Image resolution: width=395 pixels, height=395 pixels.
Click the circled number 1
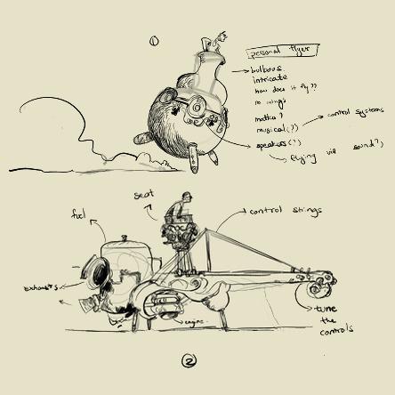tap(154, 40)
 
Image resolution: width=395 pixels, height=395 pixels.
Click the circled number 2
tap(188, 360)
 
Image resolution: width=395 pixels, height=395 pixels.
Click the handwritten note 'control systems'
tap(357, 114)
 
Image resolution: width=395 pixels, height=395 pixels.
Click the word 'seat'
tap(146, 195)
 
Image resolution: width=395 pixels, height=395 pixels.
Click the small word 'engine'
tap(194, 322)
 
